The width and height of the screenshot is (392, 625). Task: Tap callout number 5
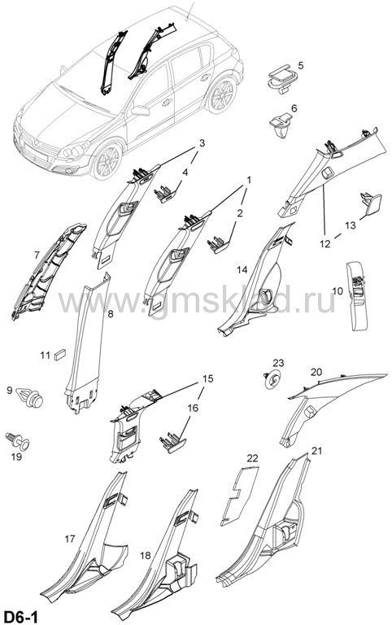tap(300, 65)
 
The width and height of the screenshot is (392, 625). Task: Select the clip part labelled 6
tap(282, 125)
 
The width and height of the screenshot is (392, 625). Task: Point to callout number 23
tap(278, 363)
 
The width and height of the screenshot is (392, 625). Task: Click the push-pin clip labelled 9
tap(30, 396)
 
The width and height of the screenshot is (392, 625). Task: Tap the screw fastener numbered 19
tap(19, 440)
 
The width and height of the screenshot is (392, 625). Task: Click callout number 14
tap(242, 270)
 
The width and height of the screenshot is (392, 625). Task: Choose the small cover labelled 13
tap(371, 203)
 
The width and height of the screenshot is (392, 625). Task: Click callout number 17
tap(69, 540)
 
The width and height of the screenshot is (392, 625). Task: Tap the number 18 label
tap(146, 555)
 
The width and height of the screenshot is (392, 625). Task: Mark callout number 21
tap(316, 451)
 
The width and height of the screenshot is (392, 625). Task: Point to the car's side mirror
tap(140, 111)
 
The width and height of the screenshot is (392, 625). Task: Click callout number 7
tap(37, 254)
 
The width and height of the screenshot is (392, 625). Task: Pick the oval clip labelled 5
tap(281, 78)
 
